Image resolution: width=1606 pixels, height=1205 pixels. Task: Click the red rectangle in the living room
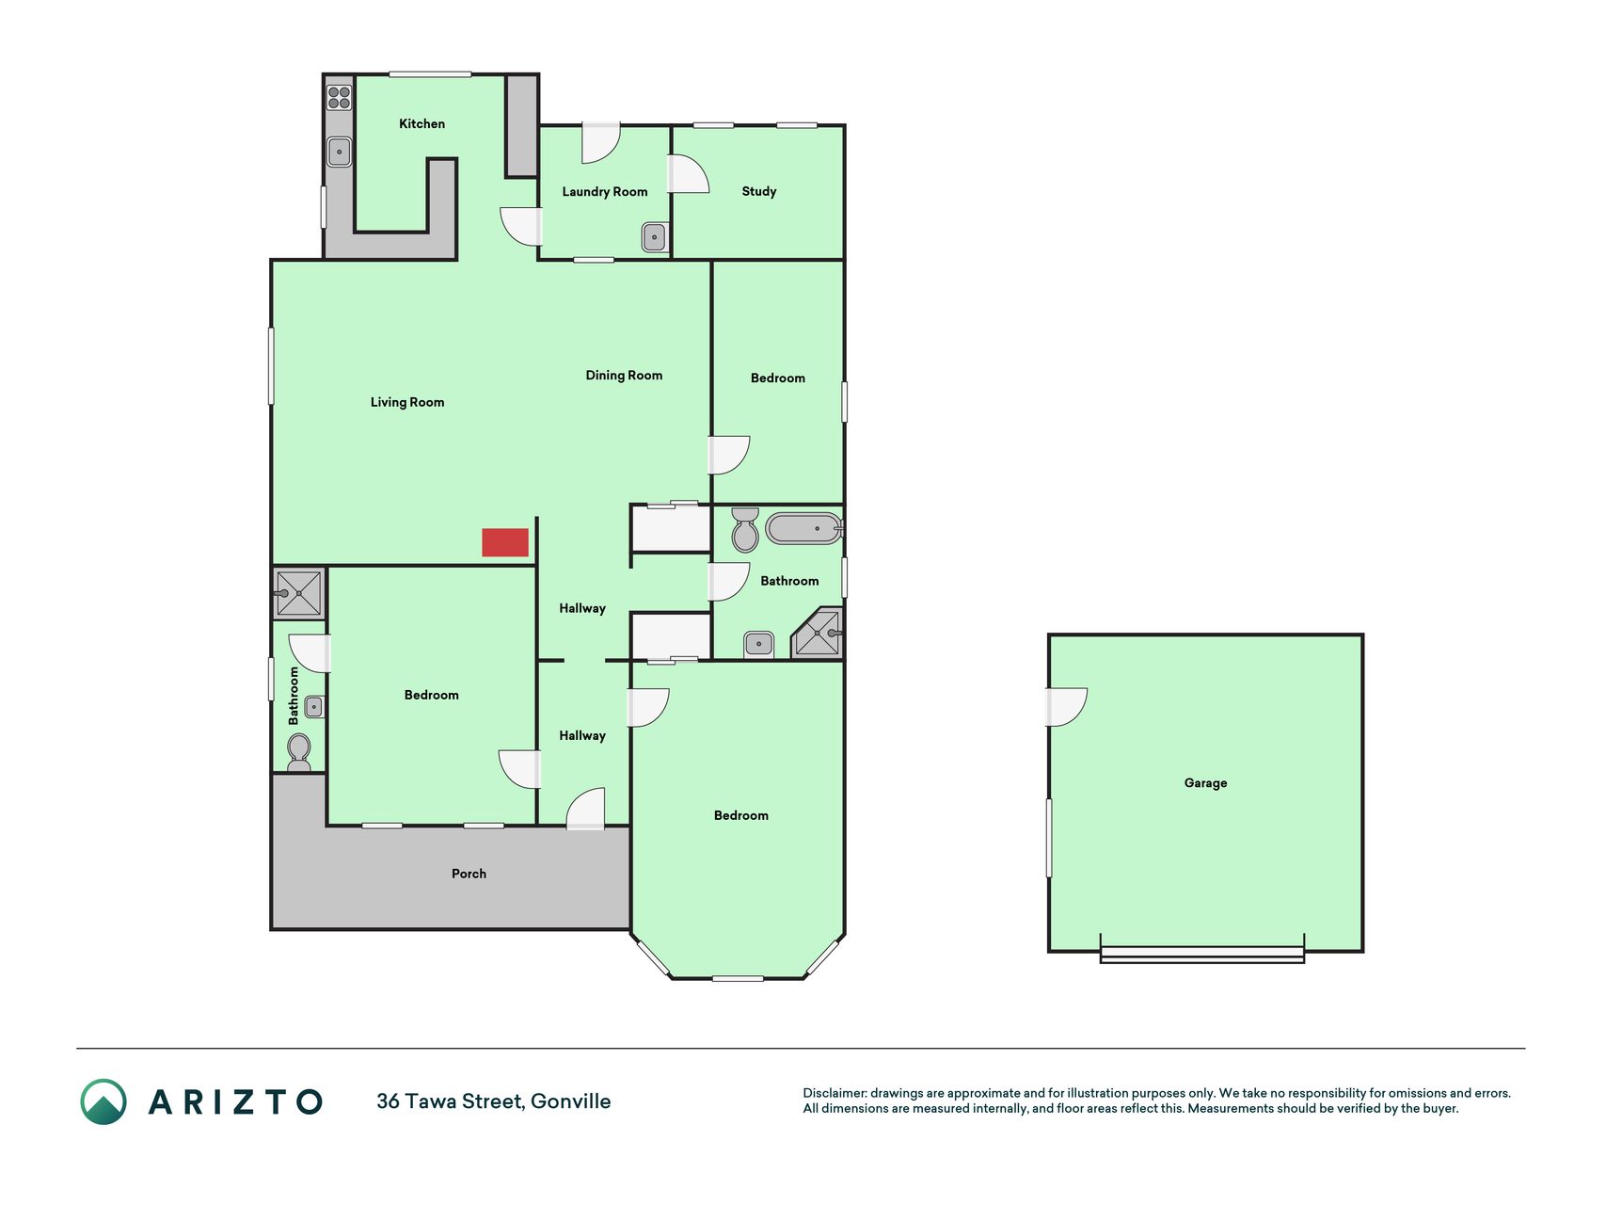tap(505, 542)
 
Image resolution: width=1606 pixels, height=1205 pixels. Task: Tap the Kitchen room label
tap(421, 124)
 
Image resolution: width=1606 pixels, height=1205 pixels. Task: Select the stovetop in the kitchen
tap(339, 97)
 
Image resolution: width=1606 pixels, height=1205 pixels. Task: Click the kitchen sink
tap(339, 152)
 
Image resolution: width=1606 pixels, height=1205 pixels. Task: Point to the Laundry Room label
tap(605, 192)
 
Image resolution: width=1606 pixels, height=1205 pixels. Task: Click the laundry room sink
tap(655, 237)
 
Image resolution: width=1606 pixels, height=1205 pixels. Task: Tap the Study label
tap(759, 191)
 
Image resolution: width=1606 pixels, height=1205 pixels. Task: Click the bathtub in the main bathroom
tap(803, 528)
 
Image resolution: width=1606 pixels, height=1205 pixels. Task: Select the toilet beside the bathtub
tap(745, 529)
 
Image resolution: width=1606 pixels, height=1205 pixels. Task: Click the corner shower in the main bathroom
tap(819, 635)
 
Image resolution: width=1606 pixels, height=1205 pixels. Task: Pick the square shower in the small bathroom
tap(299, 593)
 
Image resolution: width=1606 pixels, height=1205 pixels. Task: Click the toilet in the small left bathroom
tap(299, 752)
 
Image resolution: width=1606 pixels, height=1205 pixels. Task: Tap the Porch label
tap(469, 874)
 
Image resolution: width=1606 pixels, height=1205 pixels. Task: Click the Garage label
tap(1205, 783)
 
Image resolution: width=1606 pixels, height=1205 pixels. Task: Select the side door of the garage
tap(1067, 707)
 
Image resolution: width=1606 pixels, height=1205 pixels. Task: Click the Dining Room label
tap(624, 376)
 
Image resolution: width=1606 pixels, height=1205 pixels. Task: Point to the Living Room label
tap(407, 402)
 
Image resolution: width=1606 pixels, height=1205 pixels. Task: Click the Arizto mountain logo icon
tap(103, 1101)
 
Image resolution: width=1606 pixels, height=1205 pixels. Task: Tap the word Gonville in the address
tap(571, 1101)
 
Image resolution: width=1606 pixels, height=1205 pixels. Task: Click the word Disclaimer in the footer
tap(835, 1093)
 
